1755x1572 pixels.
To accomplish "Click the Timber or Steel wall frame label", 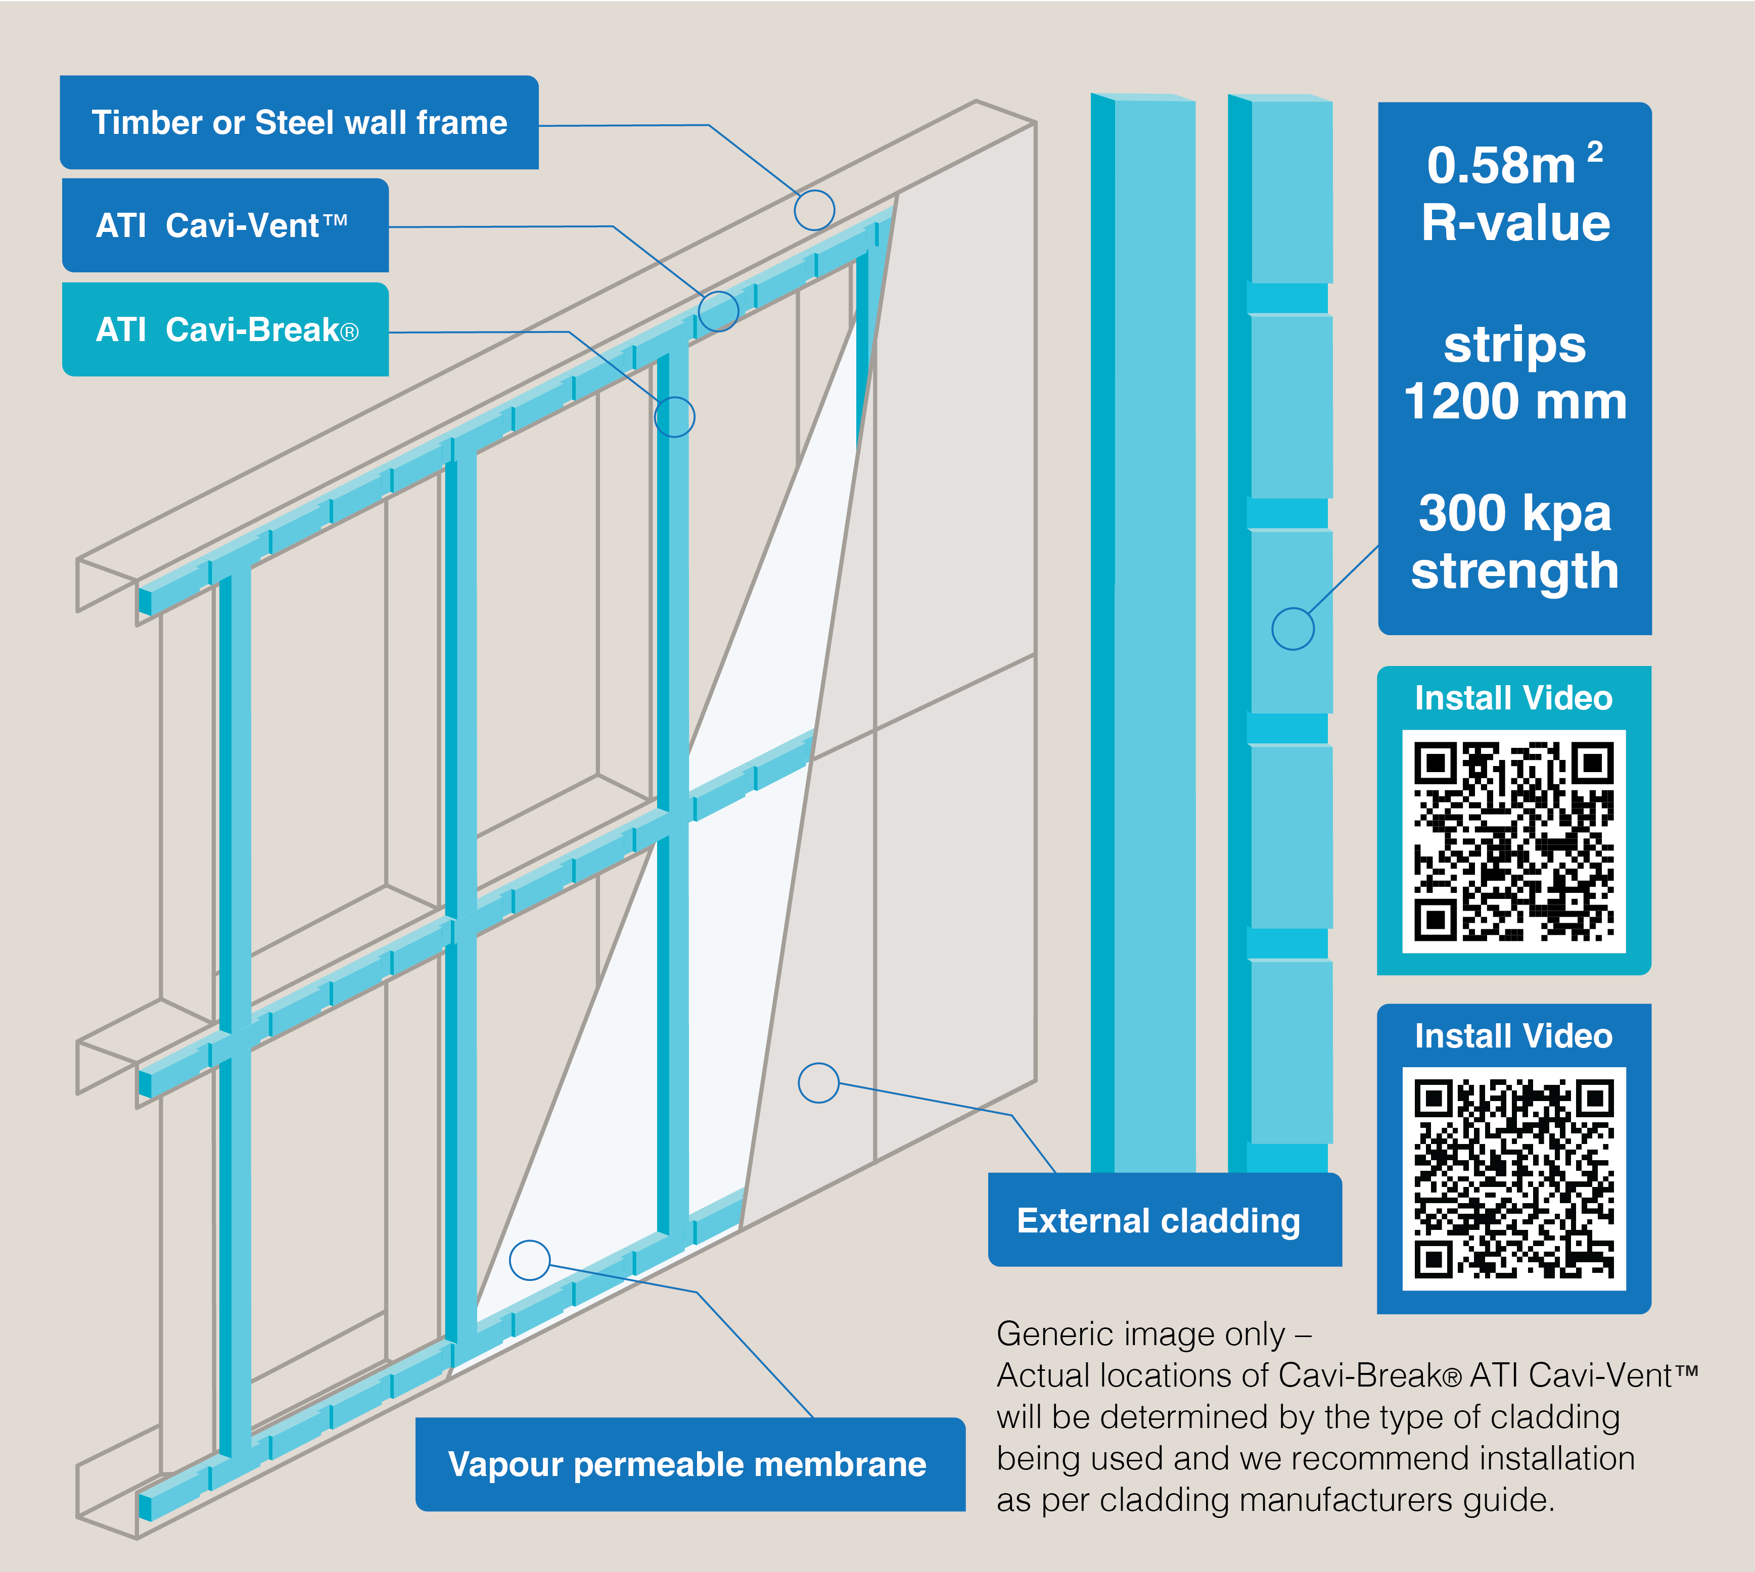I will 299,123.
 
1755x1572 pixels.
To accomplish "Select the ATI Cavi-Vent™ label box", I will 224,225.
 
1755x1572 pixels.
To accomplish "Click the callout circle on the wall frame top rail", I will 814,210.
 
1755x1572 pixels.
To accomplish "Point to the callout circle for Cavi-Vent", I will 718,311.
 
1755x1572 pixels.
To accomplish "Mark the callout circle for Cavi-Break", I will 674,417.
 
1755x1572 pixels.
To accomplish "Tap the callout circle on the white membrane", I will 530,1260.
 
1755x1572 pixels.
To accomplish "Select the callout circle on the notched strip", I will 1292,629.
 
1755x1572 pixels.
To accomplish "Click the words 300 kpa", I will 1515,513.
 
